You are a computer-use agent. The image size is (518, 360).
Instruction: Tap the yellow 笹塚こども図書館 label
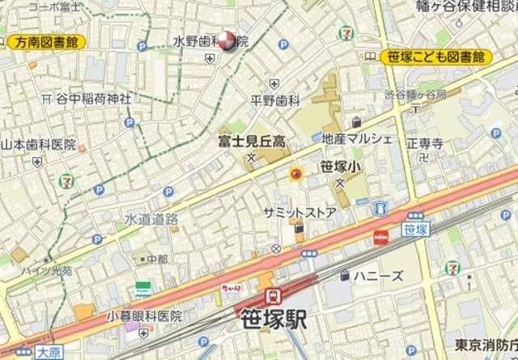click(435, 57)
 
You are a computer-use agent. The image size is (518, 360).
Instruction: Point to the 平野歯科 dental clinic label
click(274, 100)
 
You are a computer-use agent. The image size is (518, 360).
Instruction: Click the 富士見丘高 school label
click(252, 140)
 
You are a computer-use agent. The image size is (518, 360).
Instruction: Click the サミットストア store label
click(299, 211)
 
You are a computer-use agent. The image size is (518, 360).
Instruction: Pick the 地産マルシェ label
click(357, 138)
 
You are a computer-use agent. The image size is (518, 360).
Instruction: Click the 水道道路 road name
click(151, 218)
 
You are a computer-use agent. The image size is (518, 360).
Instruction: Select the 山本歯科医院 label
click(37, 146)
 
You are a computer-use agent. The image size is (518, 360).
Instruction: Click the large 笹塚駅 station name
click(274, 320)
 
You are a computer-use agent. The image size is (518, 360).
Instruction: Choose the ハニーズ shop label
click(380, 276)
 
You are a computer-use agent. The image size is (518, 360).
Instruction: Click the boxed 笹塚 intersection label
click(414, 230)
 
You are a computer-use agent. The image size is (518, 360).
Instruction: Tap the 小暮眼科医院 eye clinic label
click(145, 316)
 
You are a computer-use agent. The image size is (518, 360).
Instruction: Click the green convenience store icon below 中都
click(143, 288)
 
